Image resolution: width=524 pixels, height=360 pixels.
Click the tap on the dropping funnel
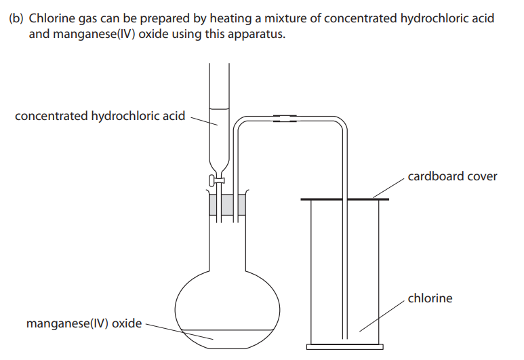pos(216,180)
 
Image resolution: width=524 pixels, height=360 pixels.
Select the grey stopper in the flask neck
pos(227,205)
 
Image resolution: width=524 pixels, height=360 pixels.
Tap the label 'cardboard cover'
pos(452,176)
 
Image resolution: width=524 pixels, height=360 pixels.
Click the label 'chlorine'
pos(430,298)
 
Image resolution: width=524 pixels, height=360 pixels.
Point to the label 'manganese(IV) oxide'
pos(84,323)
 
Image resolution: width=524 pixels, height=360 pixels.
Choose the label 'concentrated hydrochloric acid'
pos(100,116)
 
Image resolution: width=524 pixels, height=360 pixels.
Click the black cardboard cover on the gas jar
pos(344,199)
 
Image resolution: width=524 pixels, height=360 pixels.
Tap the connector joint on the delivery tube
pos(285,118)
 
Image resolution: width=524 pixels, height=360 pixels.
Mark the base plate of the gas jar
pos(345,347)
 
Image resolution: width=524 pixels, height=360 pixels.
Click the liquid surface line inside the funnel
pos(219,108)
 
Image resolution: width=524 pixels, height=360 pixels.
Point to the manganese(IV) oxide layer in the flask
pos(227,339)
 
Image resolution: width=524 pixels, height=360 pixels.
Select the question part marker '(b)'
pos(16,18)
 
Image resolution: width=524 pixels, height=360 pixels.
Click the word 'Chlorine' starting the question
pos(52,18)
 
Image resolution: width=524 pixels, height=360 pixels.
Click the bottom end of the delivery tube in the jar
pos(345,338)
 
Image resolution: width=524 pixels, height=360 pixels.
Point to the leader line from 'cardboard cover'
pos(388,188)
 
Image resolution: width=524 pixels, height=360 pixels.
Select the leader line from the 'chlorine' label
pos(382,316)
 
